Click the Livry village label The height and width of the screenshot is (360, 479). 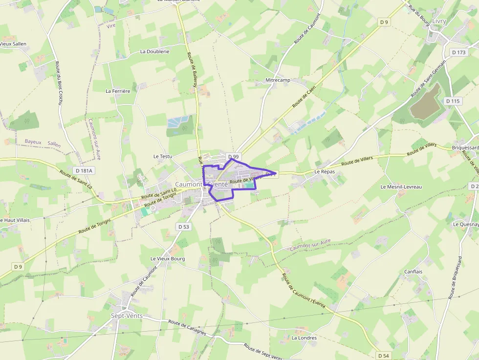439,21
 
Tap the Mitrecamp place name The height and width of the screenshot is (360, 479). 278,80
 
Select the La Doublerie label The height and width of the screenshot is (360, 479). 154,51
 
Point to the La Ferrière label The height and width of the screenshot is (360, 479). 118,91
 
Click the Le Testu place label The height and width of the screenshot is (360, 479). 163,156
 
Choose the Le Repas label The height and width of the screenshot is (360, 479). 323,172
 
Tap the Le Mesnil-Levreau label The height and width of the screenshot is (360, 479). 401,187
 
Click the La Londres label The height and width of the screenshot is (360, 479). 304,338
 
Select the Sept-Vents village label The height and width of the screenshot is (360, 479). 127,316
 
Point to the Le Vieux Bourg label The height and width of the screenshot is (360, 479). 168,258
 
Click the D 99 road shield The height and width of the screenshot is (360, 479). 234,156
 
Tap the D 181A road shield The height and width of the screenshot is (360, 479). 84,170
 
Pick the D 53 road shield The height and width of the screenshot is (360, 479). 183,227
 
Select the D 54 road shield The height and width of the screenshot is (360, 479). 383,356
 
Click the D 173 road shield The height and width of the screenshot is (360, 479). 459,52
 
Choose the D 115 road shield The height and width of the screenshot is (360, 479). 453,101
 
